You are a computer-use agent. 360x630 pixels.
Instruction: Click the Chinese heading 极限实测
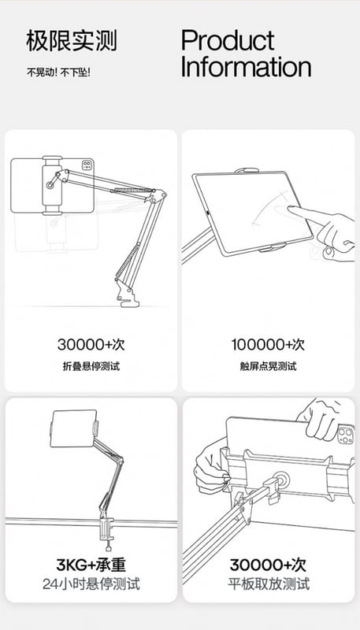(72, 41)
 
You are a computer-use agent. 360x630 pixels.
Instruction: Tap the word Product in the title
(228, 40)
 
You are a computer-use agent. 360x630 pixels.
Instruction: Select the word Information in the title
(246, 67)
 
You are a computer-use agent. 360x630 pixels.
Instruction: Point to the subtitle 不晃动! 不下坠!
(58, 72)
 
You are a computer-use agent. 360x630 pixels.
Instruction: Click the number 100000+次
(268, 344)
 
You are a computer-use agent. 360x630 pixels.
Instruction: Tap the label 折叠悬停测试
(91, 366)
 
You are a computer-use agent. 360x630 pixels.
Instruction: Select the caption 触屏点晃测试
(268, 366)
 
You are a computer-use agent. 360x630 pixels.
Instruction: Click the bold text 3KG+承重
(91, 565)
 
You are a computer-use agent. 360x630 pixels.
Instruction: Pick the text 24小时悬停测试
(91, 584)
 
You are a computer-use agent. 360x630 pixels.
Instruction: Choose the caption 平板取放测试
(269, 584)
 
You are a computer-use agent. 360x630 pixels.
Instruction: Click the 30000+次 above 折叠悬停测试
(91, 344)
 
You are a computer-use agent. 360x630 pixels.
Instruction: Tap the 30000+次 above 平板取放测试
(268, 565)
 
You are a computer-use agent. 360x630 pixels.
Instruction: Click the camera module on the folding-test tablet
(87, 165)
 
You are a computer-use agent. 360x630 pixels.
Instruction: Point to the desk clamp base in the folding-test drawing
(127, 296)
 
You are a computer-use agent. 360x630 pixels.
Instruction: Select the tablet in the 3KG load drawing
(73, 428)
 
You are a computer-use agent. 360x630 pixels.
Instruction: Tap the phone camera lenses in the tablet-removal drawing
(345, 435)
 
